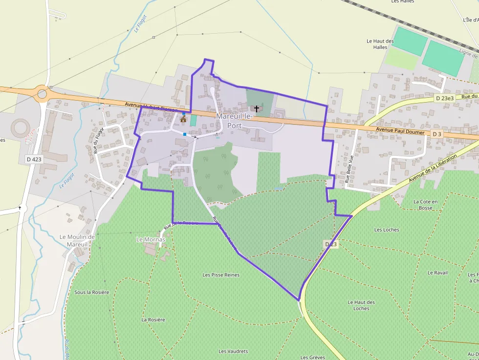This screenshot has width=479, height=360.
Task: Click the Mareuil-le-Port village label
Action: (234, 120)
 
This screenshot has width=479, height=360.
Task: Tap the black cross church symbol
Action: (256, 108)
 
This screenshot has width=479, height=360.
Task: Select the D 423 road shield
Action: (33, 159)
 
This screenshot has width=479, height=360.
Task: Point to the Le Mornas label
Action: (151, 239)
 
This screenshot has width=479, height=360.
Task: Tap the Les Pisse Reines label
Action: (221, 275)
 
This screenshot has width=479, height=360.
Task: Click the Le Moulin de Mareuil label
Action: (77, 240)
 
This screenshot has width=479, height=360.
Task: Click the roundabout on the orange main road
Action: (42, 92)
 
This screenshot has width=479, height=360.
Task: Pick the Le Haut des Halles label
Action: (380, 44)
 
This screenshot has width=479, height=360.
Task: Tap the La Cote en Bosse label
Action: (426, 204)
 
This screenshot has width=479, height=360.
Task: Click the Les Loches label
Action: (387, 230)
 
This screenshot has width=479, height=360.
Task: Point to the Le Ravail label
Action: (437, 273)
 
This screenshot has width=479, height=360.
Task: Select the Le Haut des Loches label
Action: (362, 305)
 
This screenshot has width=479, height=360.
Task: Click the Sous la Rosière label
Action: (91, 292)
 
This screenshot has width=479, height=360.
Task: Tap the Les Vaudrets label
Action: (233, 351)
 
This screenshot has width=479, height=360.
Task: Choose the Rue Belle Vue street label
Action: (349, 169)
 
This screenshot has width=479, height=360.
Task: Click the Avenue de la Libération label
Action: (433, 167)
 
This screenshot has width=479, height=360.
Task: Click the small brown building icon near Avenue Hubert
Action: (183, 119)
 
